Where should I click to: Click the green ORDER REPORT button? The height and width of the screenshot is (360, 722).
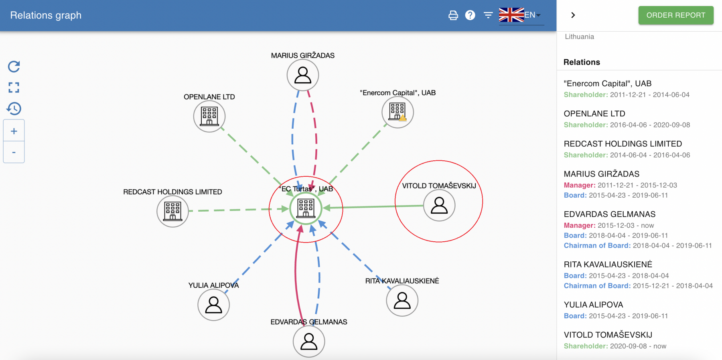pyautogui.click(x=676, y=15)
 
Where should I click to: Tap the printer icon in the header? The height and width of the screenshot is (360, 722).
pyautogui.click(x=453, y=15)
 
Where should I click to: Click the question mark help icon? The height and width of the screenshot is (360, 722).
pyautogui.click(x=470, y=15)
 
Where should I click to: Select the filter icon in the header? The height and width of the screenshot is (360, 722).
pyautogui.click(x=488, y=15)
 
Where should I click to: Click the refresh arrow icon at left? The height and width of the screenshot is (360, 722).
pyautogui.click(x=14, y=67)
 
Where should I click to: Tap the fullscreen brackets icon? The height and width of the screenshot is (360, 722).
pyautogui.click(x=14, y=87)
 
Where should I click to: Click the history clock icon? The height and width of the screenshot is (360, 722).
pyautogui.click(x=14, y=109)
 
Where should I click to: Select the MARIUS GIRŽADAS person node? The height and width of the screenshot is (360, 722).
pyautogui.click(x=303, y=75)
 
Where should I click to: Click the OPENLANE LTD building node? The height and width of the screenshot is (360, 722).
pyautogui.click(x=209, y=116)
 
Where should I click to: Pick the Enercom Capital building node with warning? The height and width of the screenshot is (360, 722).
pyautogui.click(x=398, y=112)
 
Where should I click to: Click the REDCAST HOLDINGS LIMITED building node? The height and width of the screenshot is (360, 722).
pyautogui.click(x=172, y=211)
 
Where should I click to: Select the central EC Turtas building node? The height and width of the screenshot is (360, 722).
pyautogui.click(x=306, y=208)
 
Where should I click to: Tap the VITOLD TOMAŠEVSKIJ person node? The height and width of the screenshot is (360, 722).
pyautogui.click(x=439, y=205)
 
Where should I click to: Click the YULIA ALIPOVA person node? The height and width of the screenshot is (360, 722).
pyautogui.click(x=213, y=305)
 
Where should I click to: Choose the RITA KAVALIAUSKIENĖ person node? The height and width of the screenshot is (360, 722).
pyautogui.click(x=402, y=300)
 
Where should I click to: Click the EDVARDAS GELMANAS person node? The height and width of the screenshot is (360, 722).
pyautogui.click(x=309, y=341)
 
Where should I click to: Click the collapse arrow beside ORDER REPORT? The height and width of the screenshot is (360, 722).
pyautogui.click(x=573, y=15)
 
